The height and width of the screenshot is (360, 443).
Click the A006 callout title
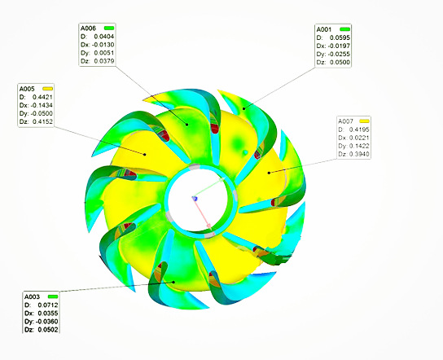tap(88, 29)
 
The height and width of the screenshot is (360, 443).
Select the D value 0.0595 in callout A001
tap(340, 37)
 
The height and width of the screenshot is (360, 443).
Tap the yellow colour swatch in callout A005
tap(47, 89)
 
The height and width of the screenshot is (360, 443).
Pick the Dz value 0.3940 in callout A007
tap(359, 154)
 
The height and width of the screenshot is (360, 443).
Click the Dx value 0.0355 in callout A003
tap(48, 313)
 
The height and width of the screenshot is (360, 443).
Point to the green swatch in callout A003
tap(53, 296)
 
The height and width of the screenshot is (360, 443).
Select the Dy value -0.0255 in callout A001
tap(339, 54)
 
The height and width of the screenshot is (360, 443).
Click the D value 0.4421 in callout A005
tap(42, 97)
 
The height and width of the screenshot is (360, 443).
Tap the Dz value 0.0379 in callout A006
tap(104, 61)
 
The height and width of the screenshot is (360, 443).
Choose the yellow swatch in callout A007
tap(364, 121)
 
